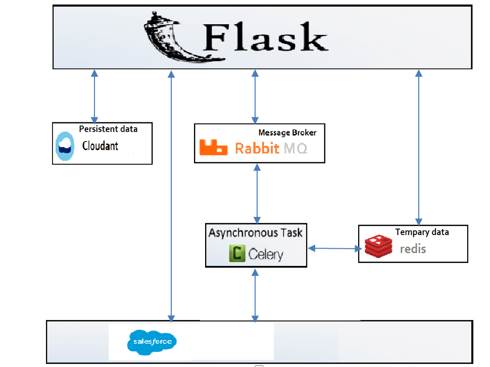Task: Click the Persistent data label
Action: click(108, 129)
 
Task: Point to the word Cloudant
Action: click(100, 146)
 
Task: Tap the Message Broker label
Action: click(287, 132)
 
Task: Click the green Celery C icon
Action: click(236, 253)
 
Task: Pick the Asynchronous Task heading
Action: click(256, 233)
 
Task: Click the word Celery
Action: click(266, 254)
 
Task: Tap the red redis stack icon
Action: click(378, 248)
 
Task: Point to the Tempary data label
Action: click(422, 232)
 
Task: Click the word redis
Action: click(413, 249)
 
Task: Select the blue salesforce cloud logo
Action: click(152, 341)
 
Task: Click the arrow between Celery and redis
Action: click(335, 248)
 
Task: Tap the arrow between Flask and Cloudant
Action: click(93, 96)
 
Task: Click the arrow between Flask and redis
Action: click(418, 147)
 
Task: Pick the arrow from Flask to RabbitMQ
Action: click(254, 96)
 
